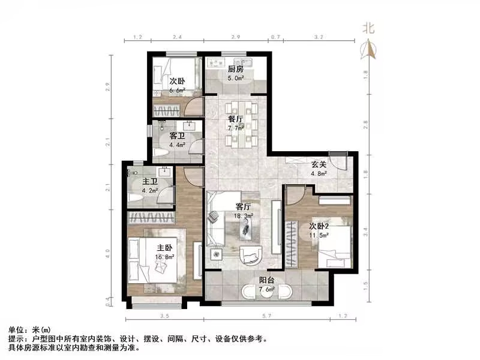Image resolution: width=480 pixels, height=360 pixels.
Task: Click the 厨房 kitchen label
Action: pyautogui.click(x=235, y=68)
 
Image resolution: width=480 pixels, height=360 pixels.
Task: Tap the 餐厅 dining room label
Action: pyautogui.click(x=235, y=119)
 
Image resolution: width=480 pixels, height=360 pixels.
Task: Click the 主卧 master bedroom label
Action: pyautogui.click(x=165, y=247)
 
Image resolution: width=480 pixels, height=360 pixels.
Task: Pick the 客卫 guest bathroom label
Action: pyautogui.click(x=176, y=136)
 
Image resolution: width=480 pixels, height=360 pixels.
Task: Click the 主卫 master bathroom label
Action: pyautogui.click(x=149, y=182)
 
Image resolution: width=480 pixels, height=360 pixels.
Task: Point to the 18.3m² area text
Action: pyautogui.click(x=244, y=215)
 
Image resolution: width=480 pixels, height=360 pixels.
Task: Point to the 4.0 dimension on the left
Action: pyautogui.click(x=108, y=251)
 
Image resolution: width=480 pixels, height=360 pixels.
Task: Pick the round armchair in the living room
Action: pyautogui.click(x=248, y=255)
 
